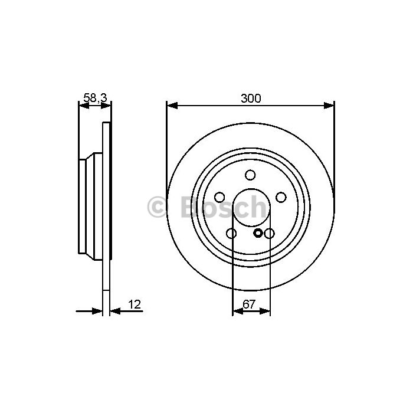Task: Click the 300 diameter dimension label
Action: click(251, 99)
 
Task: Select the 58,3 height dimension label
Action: click(95, 98)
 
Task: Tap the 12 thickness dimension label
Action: click(135, 304)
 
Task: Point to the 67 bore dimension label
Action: click(249, 304)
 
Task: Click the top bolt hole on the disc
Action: click(250, 175)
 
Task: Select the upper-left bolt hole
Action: click(219, 197)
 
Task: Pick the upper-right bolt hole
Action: click(281, 197)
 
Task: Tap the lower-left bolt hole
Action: click(231, 233)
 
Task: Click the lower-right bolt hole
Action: click(269, 233)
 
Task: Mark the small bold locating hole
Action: click(258, 233)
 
